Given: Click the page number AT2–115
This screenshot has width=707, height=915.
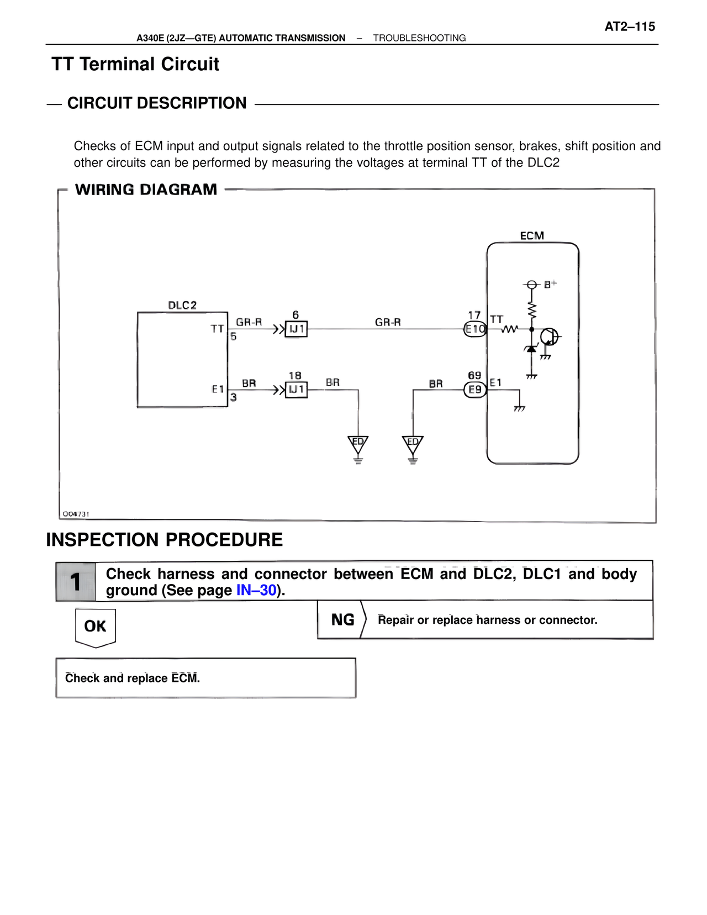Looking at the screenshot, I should [630, 27].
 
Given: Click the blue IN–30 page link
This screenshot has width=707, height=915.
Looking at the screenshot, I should [256, 590].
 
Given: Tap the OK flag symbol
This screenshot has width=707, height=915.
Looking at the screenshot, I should [95, 627].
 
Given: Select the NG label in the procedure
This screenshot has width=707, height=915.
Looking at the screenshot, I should [342, 620].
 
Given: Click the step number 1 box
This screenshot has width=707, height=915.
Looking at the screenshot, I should [76, 581].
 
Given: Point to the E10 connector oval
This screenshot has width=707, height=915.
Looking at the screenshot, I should [474, 329].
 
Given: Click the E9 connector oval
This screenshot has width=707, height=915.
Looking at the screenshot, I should [474, 390].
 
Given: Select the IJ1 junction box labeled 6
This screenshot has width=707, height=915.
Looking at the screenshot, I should [296, 329].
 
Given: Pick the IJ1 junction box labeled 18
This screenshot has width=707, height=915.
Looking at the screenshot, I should [296, 390].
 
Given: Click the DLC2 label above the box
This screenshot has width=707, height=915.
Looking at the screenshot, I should [182, 305].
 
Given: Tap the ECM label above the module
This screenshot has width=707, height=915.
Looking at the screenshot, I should [532, 236].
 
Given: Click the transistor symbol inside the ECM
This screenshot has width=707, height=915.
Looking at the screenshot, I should [549, 336].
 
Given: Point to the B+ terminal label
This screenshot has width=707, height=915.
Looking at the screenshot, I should [550, 284].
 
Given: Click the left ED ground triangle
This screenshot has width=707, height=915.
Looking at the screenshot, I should [358, 444].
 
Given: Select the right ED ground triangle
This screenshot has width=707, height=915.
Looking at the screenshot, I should [413, 444].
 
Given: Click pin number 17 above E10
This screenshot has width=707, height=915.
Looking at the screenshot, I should [474, 315].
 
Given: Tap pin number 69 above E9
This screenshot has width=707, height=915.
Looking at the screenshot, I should [474, 376].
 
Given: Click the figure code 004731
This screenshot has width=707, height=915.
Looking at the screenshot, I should [76, 514].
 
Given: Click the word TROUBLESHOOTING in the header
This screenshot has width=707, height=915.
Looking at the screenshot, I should [419, 38].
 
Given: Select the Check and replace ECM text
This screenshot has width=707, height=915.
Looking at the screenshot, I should [133, 678].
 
